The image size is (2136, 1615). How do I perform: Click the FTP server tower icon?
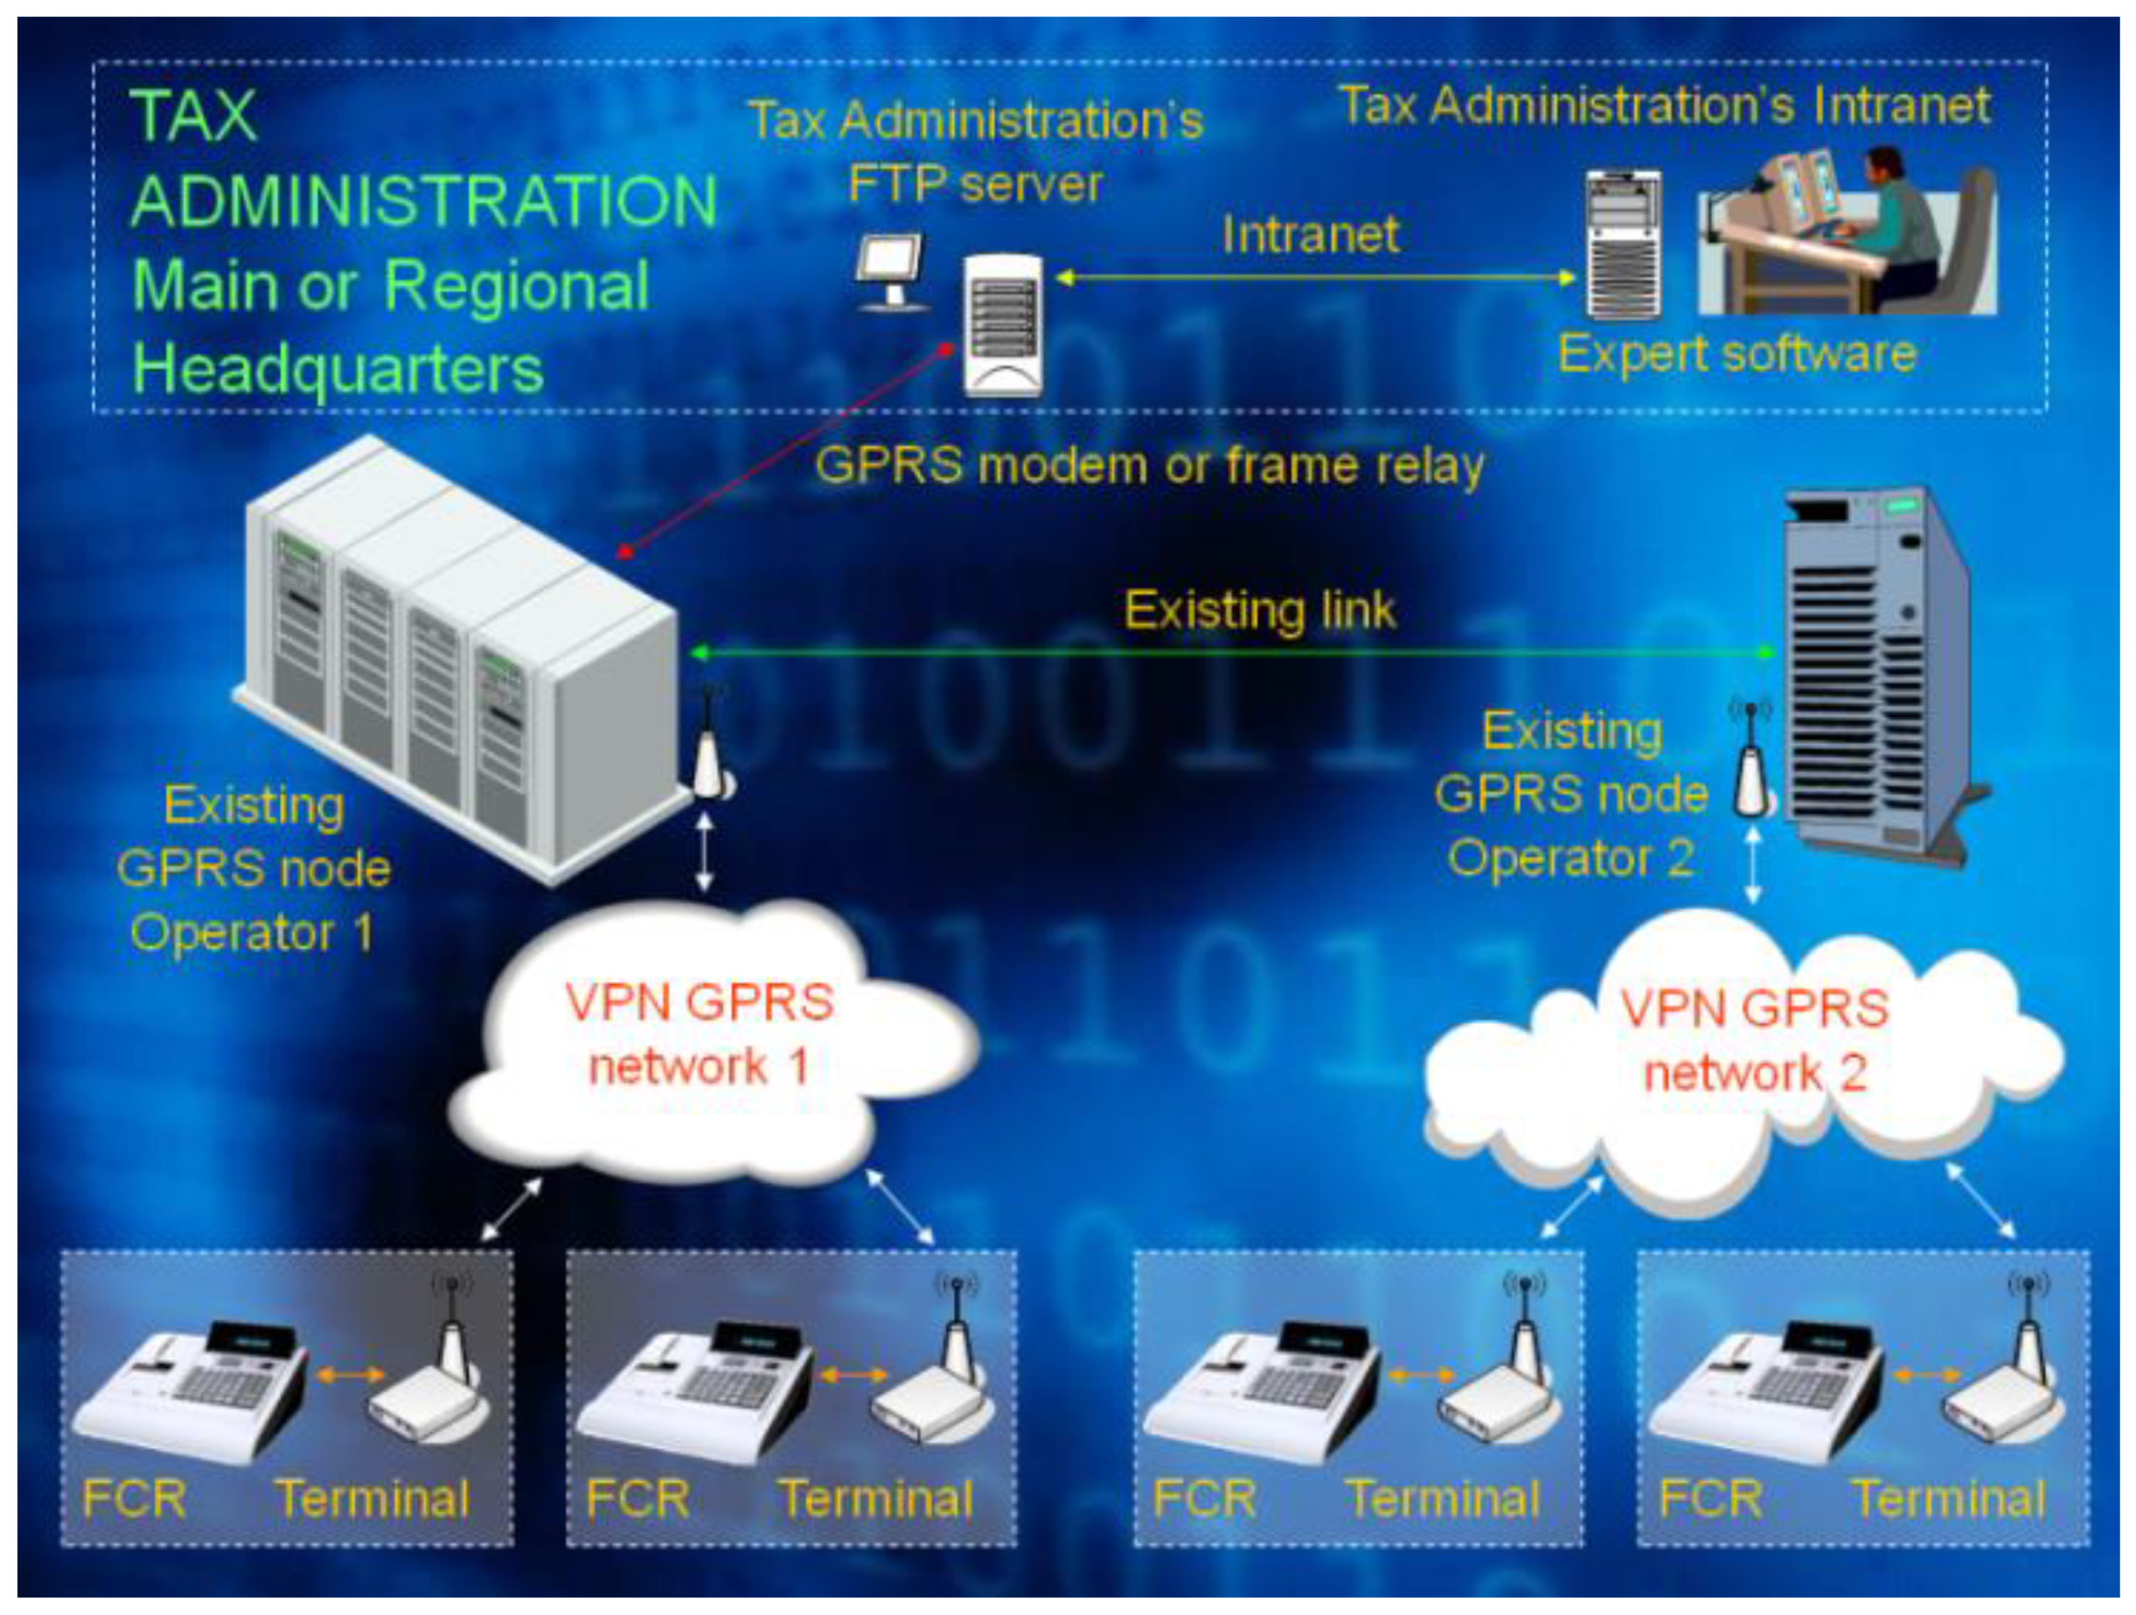[x=1003, y=324]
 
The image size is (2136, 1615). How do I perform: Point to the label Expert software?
[x=1736, y=355]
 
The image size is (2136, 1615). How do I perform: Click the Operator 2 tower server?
[x=1874, y=676]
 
